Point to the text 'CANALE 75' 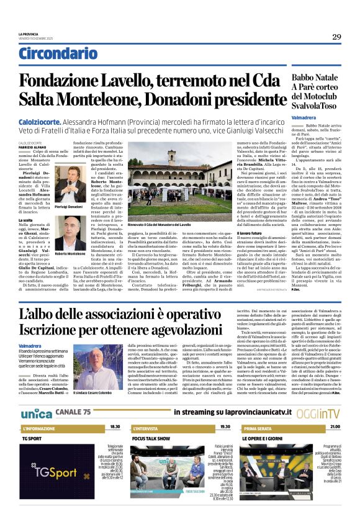click(73, 413)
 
